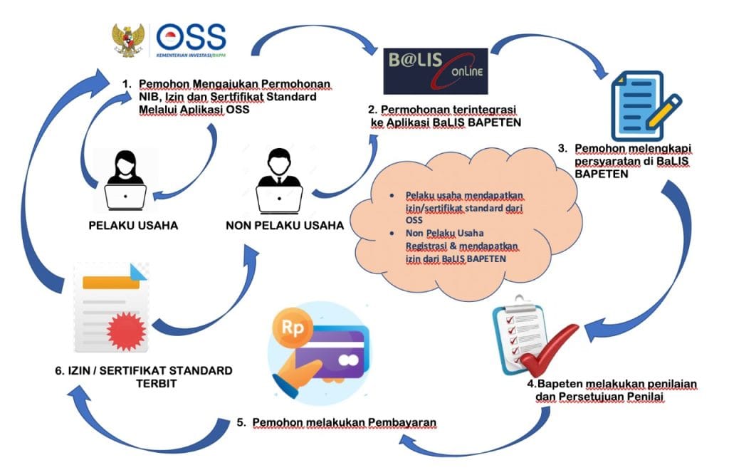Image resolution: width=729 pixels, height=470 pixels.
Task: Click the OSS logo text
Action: pyautogui.click(x=192, y=36)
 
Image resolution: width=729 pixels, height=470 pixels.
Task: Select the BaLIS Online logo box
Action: pyautogui.click(x=435, y=70)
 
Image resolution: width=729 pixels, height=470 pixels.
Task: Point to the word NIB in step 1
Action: pyautogui.click(x=150, y=97)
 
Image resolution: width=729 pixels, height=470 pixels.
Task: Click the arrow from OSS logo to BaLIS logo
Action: pyautogui.click(x=314, y=39)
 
